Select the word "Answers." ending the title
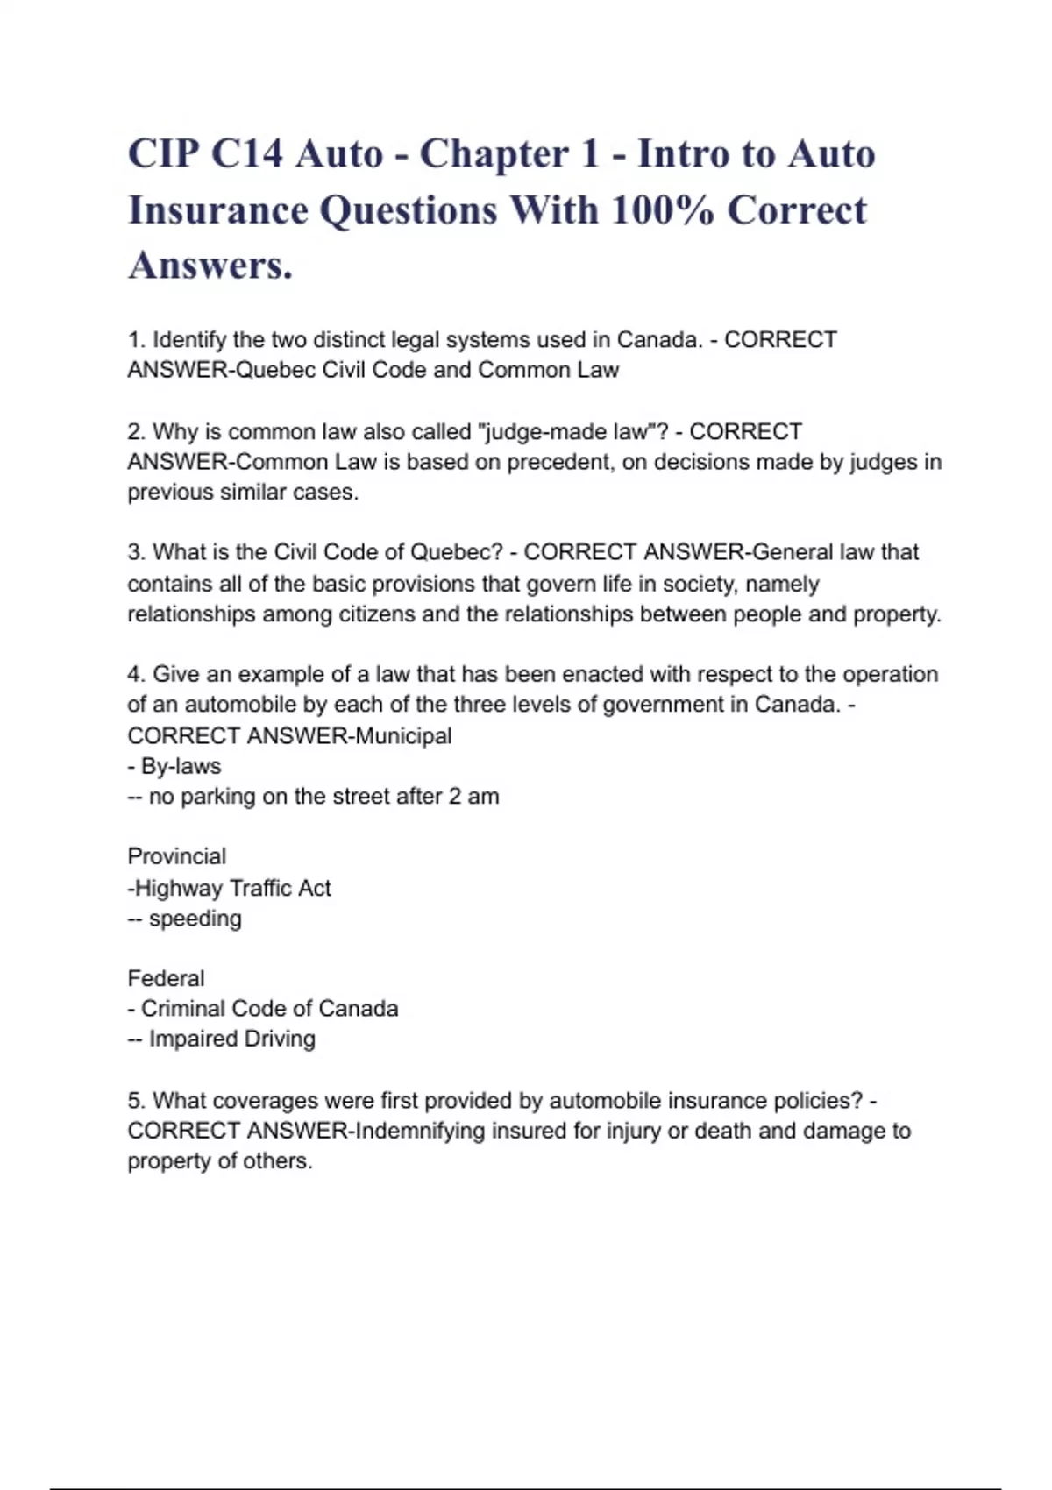click(x=210, y=265)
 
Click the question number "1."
click(x=137, y=339)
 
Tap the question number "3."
click(x=137, y=552)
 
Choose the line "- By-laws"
click(x=174, y=766)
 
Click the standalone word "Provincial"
click(x=176, y=856)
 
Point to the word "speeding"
click(x=195, y=919)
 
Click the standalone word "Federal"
click(x=166, y=978)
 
